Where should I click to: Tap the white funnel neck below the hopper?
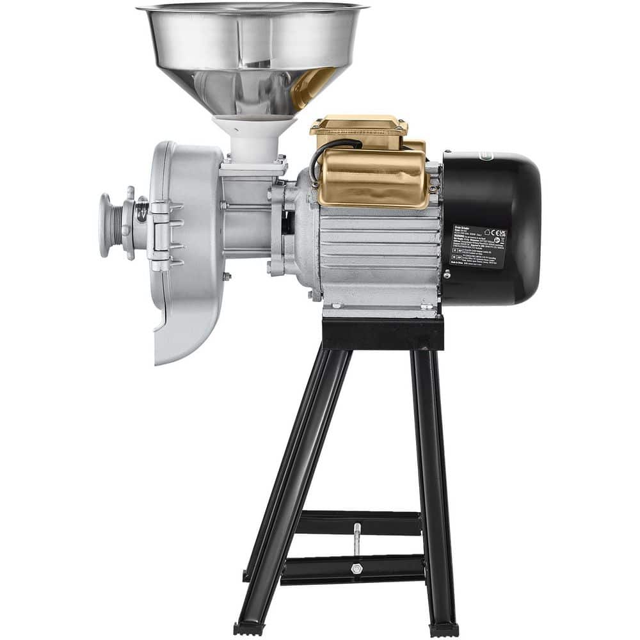[x=254, y=138]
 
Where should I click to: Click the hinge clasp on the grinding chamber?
[x=160, y=230]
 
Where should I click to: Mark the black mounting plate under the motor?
[x=383, y=333]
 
